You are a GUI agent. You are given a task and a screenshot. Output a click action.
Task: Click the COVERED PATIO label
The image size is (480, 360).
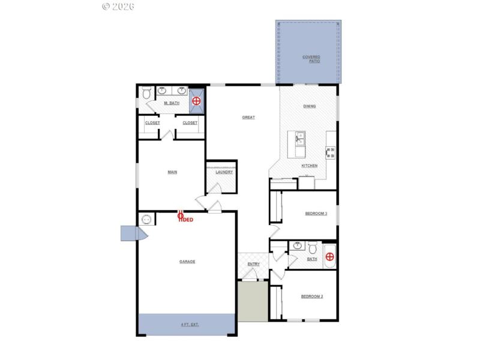(311, 59)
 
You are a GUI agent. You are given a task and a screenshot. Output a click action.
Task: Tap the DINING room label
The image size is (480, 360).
(310, 106)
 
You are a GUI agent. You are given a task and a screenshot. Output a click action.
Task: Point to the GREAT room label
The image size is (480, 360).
(248, 118)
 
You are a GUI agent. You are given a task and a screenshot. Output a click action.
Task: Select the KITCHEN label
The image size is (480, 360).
(309, 166)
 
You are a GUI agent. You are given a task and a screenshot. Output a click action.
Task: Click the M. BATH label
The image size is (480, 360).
(172, 103)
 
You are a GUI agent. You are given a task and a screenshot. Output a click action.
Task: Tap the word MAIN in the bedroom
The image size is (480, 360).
(172, 172)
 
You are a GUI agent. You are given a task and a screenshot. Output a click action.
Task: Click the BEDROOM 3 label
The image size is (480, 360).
(316, 214)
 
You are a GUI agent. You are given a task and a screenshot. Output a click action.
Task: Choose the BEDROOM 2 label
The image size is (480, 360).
(312, 296)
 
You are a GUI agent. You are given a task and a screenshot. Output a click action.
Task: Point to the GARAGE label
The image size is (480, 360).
(187, 262)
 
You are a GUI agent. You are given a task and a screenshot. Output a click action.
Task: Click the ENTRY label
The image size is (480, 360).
(253, 264)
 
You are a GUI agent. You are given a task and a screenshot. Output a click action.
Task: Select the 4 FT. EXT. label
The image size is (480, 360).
(190, 325)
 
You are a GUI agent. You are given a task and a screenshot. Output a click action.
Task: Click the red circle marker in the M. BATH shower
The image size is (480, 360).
(196, 102)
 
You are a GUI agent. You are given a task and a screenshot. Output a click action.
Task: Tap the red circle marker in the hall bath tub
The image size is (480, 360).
(329, 257)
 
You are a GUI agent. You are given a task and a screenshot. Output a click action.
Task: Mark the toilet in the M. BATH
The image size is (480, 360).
(146, 94)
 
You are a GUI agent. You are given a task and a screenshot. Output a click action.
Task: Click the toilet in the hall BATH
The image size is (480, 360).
(312, 247)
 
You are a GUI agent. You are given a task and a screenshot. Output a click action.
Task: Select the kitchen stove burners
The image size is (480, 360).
(330, 152)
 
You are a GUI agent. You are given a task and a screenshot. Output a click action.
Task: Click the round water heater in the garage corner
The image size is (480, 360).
(146, 220)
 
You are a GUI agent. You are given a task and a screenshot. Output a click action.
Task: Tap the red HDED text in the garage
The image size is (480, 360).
(186, 220)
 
